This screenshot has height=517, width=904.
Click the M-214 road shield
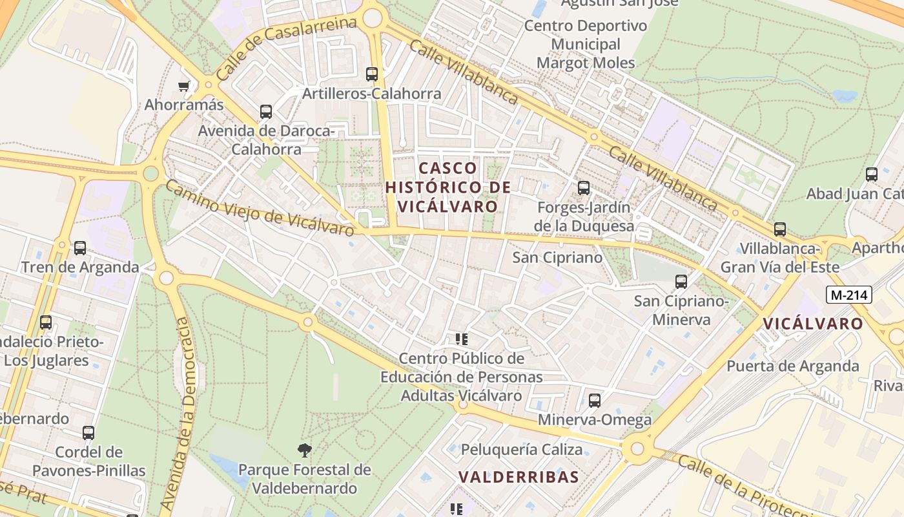[x=850, y=295]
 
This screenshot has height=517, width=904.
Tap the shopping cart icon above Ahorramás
[x=184, y=86]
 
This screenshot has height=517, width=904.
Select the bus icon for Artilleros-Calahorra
[x=371, y=74]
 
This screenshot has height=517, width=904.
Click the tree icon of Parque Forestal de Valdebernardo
[x=304, y=450]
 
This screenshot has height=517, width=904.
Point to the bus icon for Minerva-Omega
[x=595, y=401]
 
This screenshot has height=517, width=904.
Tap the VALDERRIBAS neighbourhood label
[x=519, y=477]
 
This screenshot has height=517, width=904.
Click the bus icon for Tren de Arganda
[x=80, y=248]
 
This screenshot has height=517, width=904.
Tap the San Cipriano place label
[x=557, y=257]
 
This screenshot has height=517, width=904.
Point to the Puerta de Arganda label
[x=793, y=366]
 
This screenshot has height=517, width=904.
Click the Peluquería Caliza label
[x=522, y=449]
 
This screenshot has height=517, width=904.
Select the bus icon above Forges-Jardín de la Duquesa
[x=584, y=188]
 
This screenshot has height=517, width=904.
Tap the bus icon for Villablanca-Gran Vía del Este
[x=780, y=229]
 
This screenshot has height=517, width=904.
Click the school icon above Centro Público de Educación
[x=461, y=339]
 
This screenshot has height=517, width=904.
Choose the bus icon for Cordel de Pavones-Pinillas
[x=88, y=433]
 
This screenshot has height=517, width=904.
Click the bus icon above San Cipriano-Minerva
[x=681, y=282]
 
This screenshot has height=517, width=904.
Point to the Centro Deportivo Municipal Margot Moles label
[x=586, y=45]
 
